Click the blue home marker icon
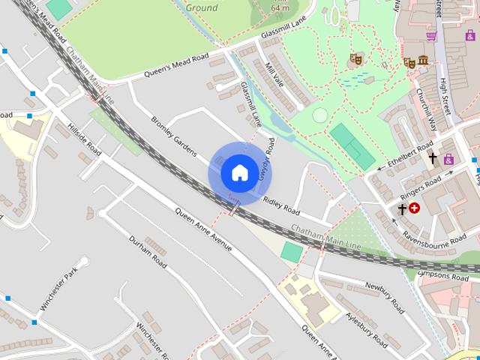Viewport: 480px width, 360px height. (239, 173)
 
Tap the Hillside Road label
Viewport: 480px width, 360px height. (84, 139)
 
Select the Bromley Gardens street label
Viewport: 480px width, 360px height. (172, 134)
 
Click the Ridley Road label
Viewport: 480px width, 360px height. (281, 204)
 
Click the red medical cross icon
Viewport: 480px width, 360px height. (414, 209)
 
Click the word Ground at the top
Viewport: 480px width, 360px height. (201, 7)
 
